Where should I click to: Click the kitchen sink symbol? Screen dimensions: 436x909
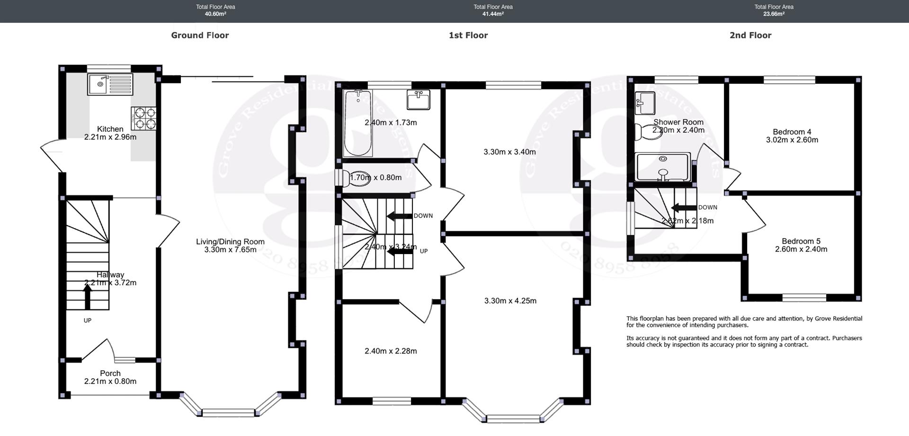110,84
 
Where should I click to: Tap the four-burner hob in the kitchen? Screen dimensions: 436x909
144,118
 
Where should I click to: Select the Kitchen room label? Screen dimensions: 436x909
110,129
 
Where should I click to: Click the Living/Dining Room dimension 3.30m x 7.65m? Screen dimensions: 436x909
230,250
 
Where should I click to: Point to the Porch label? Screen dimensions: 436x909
110,373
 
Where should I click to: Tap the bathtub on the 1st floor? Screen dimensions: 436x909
358,123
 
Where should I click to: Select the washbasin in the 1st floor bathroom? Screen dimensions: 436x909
419,100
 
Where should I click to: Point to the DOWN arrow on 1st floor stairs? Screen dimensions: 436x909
400,216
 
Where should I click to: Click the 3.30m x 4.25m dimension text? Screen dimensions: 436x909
510,301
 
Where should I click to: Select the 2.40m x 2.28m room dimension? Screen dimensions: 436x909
391,351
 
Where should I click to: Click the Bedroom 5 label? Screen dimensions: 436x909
801,241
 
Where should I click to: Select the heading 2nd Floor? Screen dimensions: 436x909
750,36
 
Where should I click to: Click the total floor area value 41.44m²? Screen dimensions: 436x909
493,14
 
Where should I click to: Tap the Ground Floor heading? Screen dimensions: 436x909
200,36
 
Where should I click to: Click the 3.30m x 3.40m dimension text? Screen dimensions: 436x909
509,152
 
